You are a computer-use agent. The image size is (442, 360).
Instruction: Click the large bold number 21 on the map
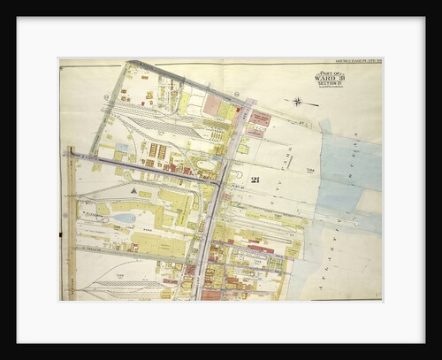point(255,180)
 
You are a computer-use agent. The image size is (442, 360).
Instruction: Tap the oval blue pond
point(125,218)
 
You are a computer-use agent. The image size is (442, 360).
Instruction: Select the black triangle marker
point(133,189)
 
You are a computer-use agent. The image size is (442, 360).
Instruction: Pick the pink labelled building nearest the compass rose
point(260,117)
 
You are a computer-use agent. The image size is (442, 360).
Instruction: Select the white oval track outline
point(205,165)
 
